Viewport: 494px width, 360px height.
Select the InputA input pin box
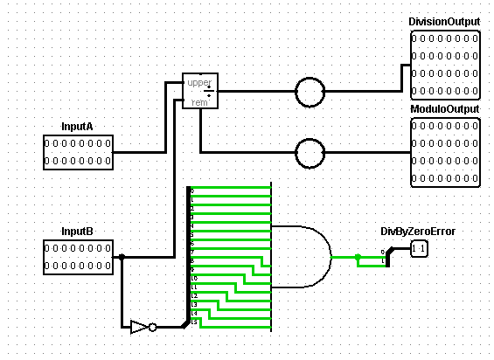(78, 150)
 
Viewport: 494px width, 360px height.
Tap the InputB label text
(77, 232)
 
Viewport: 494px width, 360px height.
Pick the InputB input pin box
(78, 257)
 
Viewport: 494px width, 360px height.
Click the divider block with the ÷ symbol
(200, 91)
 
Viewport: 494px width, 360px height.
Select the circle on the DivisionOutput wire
(309, 91)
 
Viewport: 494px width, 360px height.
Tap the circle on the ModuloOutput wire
(309, 153)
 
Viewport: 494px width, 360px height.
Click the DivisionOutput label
(445, 21)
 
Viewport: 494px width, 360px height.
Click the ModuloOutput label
(445, 109)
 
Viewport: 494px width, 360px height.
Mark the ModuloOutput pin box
(445, 152)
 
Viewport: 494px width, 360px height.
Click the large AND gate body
(302, 257)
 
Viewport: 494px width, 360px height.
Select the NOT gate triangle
(138, 327)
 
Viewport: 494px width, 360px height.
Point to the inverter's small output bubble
(152, 328)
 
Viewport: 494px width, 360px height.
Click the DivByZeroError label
(417, 232)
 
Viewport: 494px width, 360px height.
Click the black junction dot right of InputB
(122, 257)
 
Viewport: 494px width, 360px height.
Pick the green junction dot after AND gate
(358, 257)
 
